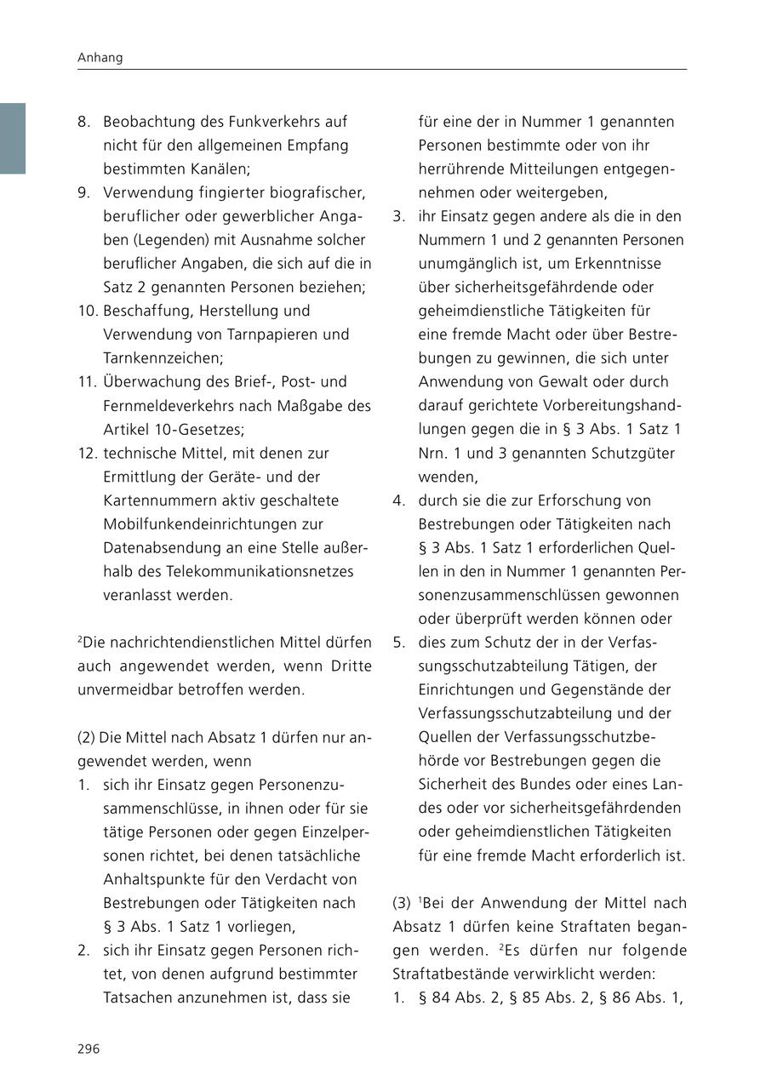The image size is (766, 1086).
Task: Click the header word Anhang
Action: point(100,58)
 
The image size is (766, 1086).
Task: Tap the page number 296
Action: point(89,1049)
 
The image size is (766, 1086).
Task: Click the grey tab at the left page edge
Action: point(12,138)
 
